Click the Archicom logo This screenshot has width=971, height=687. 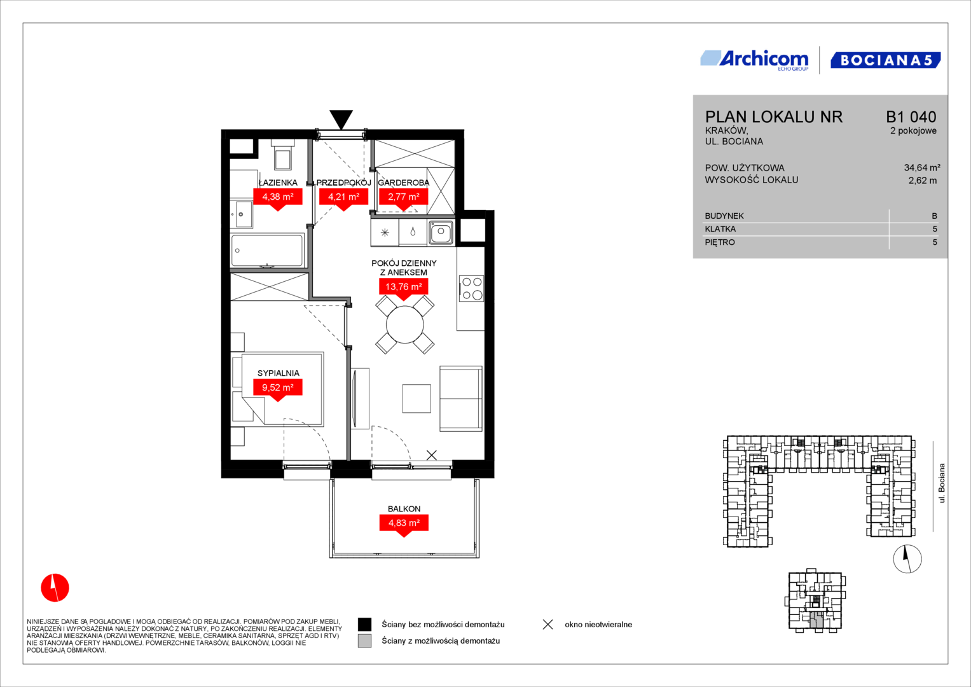(x=754, y=60)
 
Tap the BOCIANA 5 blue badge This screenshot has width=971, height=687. (x=885, y=60)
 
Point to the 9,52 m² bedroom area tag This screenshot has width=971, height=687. (x=278, y=390)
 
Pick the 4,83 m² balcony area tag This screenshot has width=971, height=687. (x=404, y=525)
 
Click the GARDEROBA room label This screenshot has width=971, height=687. (x=404, y=183)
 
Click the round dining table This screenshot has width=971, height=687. (x=405, y=324)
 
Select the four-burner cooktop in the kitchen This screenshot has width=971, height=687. (x=472, y=288)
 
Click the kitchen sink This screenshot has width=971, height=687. (x=441, y=232)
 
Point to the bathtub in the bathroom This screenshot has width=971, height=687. (x=267, y=250)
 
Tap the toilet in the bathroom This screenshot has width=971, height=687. (x=283, y=155)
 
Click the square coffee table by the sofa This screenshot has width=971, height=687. (x=417, y=398)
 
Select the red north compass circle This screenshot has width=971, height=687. (x=55, y=588)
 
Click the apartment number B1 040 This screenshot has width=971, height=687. (x=911, y=116)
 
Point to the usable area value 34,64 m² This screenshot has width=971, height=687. (x=922, y=167)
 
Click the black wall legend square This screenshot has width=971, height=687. (x=364, y=624)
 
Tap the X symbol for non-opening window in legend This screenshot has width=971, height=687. (x=548, y=625)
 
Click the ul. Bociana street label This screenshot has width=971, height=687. (x=942, y=483)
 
